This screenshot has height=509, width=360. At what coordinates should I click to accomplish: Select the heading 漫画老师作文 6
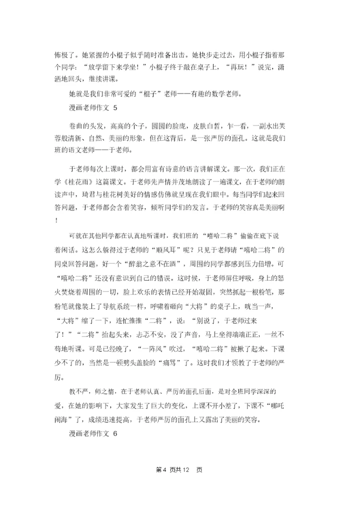92,434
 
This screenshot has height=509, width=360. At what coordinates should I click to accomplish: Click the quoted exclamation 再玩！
243,66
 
